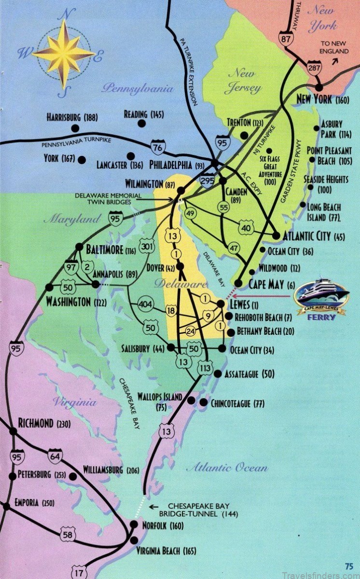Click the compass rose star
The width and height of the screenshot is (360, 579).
tap(63, 53)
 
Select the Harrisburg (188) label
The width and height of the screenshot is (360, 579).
tap(72, 117)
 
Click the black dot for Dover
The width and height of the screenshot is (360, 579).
tap(180, 266)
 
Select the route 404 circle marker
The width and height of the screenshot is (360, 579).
tap(145, 304)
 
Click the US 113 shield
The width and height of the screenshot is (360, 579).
tap(205, 369)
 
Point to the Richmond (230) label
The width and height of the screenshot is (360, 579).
tap(44, 424)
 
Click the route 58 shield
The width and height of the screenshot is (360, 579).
tap(68, 534)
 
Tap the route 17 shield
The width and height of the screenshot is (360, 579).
tap(79, 573)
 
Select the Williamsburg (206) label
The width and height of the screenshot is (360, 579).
tap(110, 470)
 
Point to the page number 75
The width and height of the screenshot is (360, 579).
tap(349, 566)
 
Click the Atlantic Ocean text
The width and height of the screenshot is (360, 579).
tap(227, 467)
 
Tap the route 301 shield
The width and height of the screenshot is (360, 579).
tap(147, 248)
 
